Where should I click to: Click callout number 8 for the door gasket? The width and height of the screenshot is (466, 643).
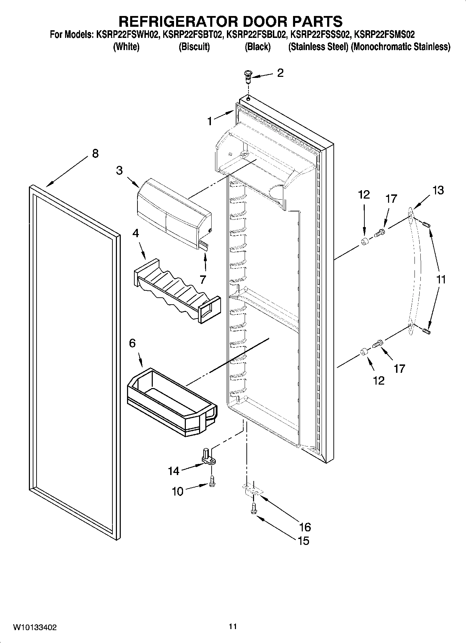coord(95,153)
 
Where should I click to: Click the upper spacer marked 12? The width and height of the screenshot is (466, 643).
coord(364,242)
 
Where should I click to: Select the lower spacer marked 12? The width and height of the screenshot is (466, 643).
coord(364,353)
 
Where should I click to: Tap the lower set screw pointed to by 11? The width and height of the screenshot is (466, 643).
coord(427,332)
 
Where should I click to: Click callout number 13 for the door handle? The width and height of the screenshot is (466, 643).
coord(438,190)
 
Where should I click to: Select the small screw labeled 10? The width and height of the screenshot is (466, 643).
coord(212,481)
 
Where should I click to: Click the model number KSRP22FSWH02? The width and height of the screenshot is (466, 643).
coord(127,35)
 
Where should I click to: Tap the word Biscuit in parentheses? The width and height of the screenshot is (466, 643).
coord(194,47)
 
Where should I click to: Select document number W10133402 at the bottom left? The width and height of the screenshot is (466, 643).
coord(35,627)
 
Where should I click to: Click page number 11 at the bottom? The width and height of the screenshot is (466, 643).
coord(233,627)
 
